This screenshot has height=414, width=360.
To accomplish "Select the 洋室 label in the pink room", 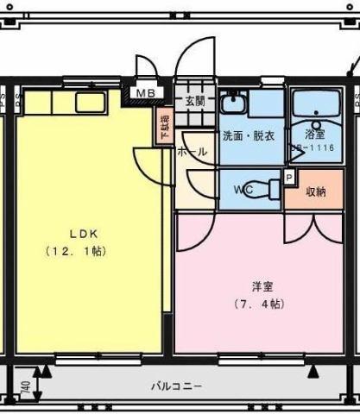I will [x=262, y=285].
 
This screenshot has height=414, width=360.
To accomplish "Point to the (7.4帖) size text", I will [x=260, y=304].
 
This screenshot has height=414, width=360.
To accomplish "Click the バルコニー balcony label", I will [x=176, y=387].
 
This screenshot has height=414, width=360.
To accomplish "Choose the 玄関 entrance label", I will [x=194, y=100].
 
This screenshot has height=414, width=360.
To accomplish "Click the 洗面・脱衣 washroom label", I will [x=249, y=135].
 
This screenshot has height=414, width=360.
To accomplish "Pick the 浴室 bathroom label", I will [x=315, y=135].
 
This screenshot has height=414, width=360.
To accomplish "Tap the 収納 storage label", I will [x=316, y=191].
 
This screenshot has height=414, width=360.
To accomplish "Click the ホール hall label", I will [x=192, y=152].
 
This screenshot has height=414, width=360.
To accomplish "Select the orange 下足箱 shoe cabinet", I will [x=163, y=126].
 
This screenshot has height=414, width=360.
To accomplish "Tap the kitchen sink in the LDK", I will [x=90, y=101].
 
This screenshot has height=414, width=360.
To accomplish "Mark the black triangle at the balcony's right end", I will [x=314, y=372].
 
